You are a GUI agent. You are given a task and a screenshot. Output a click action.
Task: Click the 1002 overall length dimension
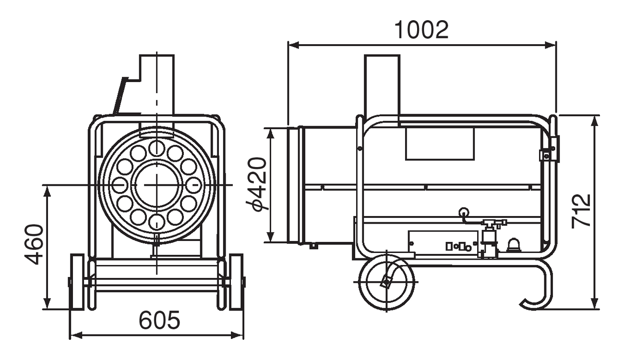[x=422, y=30]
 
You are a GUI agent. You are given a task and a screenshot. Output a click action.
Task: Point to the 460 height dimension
[x=34, y=244]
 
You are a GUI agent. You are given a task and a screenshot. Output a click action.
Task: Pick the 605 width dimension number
[x=159, y=320]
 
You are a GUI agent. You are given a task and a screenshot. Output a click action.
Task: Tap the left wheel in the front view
[x=77, y=281]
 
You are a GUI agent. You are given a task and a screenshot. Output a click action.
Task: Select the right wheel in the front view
[x=236, y=281]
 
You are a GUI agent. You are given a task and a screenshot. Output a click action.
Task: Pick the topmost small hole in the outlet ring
[x=156, y=148]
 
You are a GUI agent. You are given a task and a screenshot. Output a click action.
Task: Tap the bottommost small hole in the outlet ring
[x=156, y=221]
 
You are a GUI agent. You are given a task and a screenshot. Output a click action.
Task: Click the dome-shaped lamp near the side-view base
[x=514, y=245]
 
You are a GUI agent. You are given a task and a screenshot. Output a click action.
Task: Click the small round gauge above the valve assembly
[x=464, y=213]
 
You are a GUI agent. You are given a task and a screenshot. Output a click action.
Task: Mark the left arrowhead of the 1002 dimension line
[x=293, y=45]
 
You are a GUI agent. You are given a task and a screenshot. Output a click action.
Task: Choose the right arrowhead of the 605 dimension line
[x=238, y=335]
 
